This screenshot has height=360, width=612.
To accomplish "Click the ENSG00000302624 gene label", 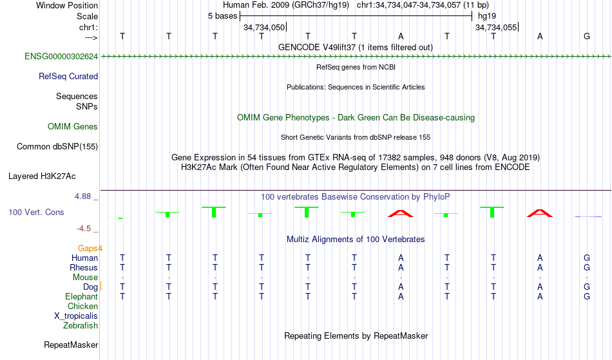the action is (x=61, y=57).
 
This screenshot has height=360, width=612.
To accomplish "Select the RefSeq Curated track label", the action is (x=68, y=77).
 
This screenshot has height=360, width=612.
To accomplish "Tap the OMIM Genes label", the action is (x=73, y=126).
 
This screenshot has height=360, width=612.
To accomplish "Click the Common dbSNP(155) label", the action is (x=57, y=147).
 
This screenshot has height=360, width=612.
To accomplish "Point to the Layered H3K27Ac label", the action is (x=42, y=176).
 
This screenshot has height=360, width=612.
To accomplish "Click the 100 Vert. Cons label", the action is (x=36, y=212).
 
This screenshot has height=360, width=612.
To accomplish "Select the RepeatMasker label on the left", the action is (x=71, y=345).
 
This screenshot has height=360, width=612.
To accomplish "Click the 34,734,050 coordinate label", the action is (x=264, y=27).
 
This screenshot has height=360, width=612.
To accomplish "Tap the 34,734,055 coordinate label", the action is (x=496, y=27).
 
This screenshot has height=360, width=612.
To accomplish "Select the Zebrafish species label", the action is (x=81, y=325).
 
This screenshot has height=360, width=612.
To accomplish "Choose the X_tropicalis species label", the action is (x=76, y=316).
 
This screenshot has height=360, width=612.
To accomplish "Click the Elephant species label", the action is (x=82, y=296).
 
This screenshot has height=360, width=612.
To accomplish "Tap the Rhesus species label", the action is (x=84, y=267).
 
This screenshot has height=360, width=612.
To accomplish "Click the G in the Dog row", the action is (x=587, y=287).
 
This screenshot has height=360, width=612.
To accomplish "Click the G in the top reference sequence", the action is (x=587, y=36).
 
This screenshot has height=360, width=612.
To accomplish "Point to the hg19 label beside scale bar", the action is (x=487, y=16).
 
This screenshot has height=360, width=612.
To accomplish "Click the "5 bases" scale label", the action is (x=222, y=16).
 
